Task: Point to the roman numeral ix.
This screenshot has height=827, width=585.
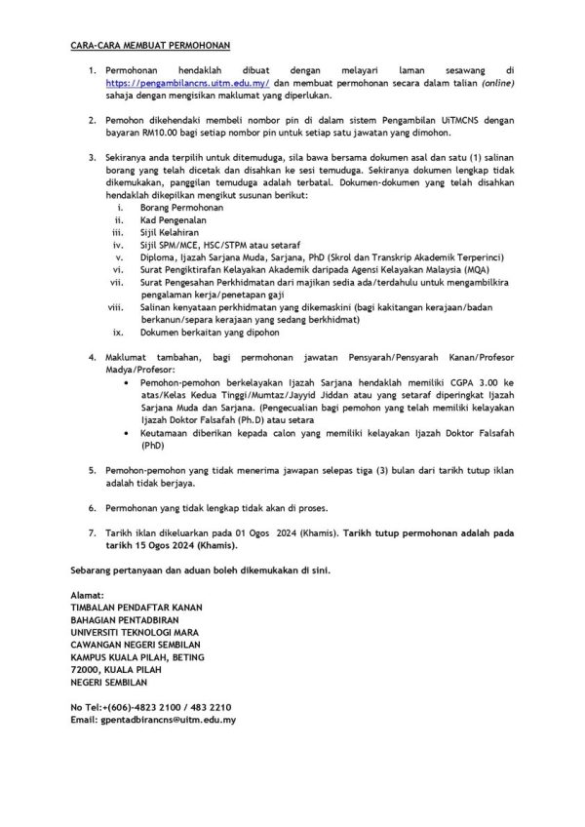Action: tap(120, 329)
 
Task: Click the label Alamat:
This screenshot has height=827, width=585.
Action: tap(90, 595)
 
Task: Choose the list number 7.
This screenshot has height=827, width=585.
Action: tap(92, 534)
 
